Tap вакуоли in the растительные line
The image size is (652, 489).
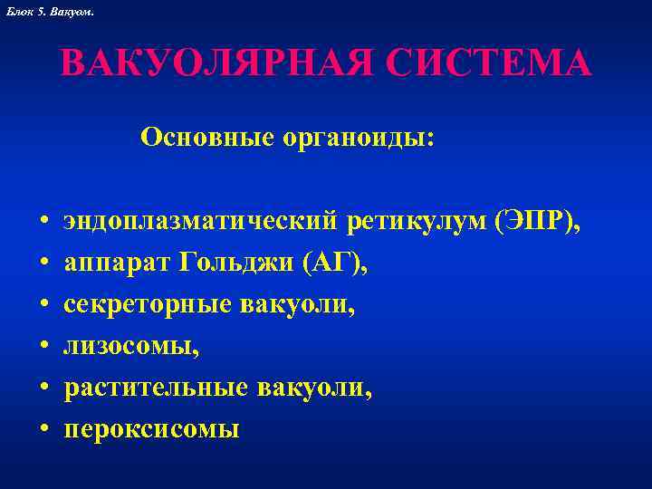pyautogui.click(x=312, y=389)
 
